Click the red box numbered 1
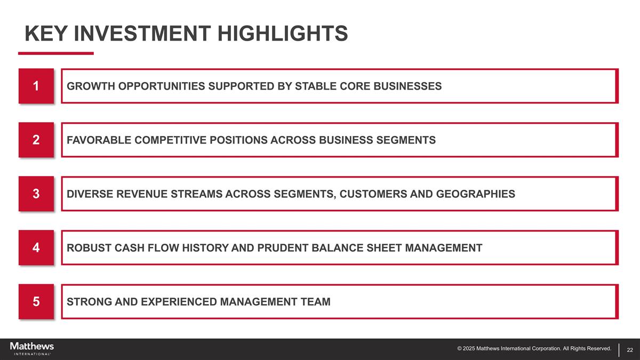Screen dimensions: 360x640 pyautogui.click(x=36, y=86)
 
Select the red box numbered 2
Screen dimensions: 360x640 pyautogui.click(x=36, y=140)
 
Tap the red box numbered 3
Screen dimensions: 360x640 pyautogui.click(x=36, y=194)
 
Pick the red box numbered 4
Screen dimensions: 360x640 pyautogui.click(x=36, y=247)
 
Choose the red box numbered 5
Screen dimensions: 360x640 pyautogui.click(x=36, y=301)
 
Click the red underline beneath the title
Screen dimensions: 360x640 pyautogui.click(x=56, y=53)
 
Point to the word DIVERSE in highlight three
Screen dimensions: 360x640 pyautogui.click(x=85, y=194)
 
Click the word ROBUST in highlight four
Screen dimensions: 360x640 pyautogui.click(x=84, y=247)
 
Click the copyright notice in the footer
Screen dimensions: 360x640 pyautogui.click(x=534, y=349)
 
